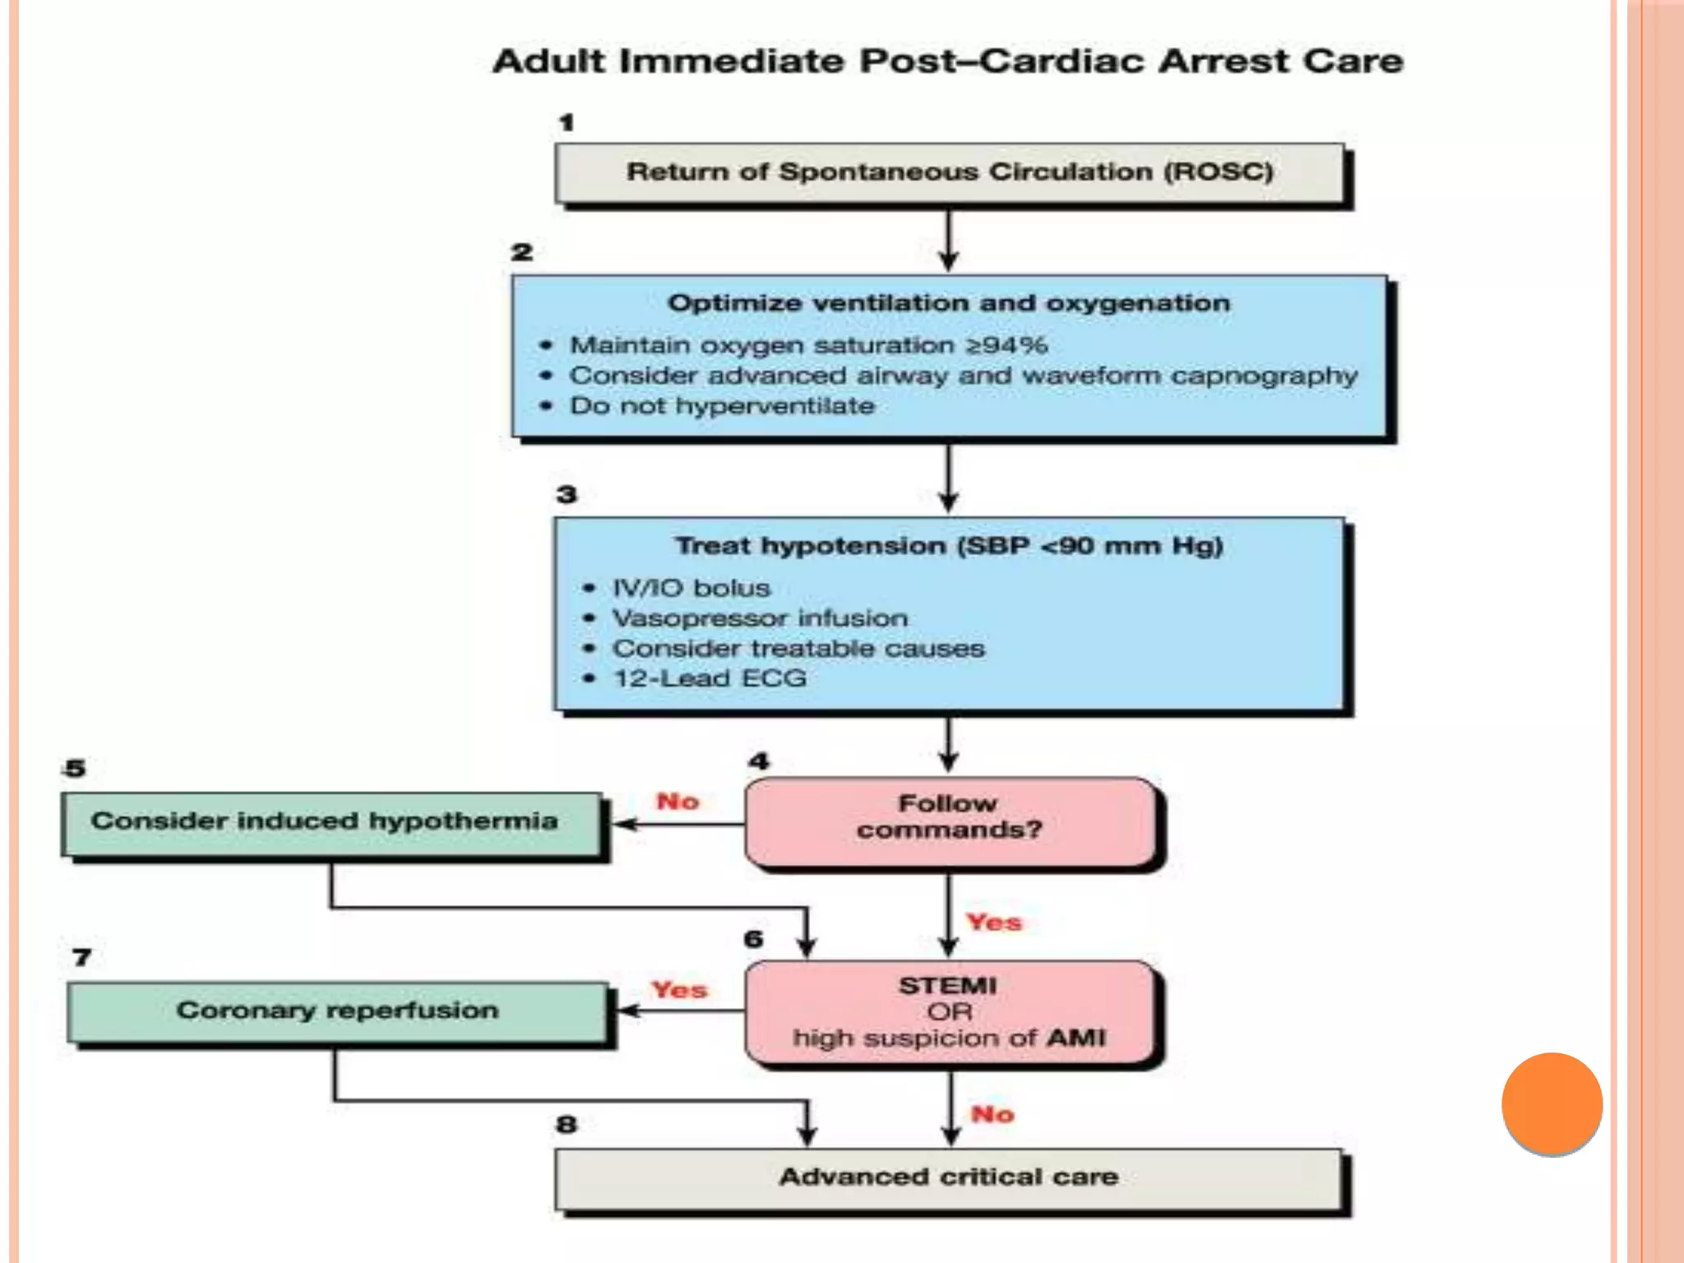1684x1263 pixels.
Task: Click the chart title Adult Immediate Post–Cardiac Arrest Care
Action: click(x=947, y=62)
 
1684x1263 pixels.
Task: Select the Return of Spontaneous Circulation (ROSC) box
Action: click(x=950, y=173)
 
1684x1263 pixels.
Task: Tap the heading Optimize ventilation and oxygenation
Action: click(x=949, y=303)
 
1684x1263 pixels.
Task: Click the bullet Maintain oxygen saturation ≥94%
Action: click(x=808, y=345)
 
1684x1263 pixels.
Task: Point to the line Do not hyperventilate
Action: click(x=722, y=406)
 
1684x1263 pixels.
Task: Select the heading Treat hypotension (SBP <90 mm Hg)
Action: click(x=949, y=546)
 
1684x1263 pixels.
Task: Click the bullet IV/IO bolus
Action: click(x=691, y=589)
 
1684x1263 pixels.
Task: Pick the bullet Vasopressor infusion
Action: click(x=760, y=618)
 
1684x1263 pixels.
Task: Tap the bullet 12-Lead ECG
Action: click(x=710, y=679)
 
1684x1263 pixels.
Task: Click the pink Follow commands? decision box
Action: click(x=950, y=821)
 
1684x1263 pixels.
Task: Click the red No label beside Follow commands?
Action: click(x=678, y=802)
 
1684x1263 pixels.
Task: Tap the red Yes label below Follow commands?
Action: click(x=993, y=923)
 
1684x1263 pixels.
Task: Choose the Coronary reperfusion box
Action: click(x=337, y=1011)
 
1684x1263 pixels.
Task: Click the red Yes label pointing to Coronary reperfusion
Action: click(x=679, y=990)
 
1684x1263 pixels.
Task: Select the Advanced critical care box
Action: click(x=949, y=1178)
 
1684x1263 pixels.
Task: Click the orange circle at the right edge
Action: click(x=1552, y=1103)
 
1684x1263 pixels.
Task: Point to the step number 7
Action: click(x=81, y=958)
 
